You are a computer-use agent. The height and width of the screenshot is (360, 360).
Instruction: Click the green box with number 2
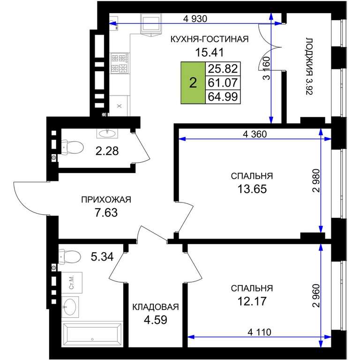coord(193,82)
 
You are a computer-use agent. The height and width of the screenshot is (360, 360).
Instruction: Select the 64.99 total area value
coord(223,97)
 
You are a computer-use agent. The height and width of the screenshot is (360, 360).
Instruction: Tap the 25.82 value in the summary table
coord(223,68)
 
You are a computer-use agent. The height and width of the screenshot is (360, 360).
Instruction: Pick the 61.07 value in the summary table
coord(223,82)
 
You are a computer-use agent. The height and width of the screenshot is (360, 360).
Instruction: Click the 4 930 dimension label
coord(195,19)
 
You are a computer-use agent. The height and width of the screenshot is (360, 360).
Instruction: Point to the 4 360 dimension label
coord(255,135)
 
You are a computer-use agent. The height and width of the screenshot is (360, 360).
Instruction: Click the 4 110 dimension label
coord(259,332)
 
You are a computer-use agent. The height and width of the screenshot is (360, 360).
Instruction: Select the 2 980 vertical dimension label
coord(316,180)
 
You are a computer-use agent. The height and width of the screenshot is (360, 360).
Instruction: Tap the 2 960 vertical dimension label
coord(316,296)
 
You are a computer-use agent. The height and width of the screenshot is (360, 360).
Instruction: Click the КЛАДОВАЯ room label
coord(156,307)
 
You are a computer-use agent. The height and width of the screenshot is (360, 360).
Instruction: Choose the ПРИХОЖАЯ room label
coord(106,200)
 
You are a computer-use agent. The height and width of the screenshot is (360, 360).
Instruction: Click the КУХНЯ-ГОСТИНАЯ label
coord(210,39)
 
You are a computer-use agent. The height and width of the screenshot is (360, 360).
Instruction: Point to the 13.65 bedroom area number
coord(252,189)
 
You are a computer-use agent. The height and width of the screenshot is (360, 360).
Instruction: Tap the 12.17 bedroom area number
coord(252,301)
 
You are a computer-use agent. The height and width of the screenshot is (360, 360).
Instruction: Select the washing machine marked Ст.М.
coord(72,283)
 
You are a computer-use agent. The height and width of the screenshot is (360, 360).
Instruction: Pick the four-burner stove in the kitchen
coord(120,63)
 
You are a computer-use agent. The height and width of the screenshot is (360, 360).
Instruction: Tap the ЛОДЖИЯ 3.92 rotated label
coord(309,67)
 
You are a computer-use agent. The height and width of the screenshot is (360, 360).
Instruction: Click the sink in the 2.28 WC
coord(107,133)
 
